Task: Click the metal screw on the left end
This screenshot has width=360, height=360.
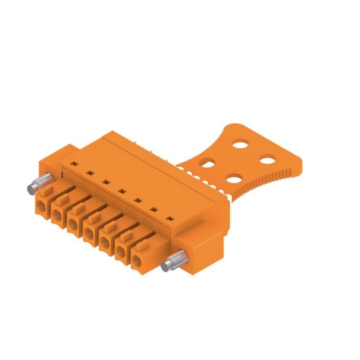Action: [x=38, y=184]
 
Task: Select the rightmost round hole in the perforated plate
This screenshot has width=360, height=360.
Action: [x=267, y=160]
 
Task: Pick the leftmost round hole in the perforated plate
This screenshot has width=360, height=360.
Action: [x=208, y=163]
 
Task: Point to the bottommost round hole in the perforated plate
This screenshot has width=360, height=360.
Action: [x=233, y=179]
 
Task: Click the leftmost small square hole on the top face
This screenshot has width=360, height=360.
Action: [x=73, y=164]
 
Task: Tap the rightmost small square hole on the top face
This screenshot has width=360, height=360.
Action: [x=170, y=211]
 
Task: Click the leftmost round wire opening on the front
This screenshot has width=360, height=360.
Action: [x=42, y=207]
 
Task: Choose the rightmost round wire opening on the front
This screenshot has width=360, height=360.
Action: [x=136, y=264]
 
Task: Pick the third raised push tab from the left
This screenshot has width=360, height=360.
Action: [x=79, y=209]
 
